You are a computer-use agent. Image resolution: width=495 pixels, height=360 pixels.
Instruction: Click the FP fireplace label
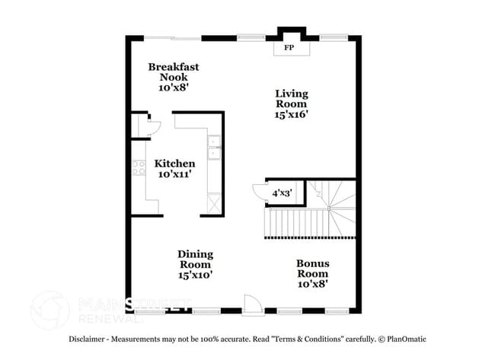point(289,48)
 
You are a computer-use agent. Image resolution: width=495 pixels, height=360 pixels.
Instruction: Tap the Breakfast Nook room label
point(174,72)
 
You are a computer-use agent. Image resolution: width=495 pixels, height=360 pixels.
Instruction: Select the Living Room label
point(291,99)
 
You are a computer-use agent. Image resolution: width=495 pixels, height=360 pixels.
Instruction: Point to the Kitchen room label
point(174,164)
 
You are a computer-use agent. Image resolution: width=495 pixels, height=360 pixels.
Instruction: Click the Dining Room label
point(195,259)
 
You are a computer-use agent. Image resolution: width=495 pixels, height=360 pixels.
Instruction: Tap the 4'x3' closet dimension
point(283,194)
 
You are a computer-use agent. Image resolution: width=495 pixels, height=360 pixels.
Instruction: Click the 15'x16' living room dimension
point(291,114)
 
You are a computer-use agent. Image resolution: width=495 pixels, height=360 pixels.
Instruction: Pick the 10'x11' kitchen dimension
point(174,174)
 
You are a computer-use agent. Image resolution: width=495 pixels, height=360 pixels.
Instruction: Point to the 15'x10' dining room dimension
point(195,274)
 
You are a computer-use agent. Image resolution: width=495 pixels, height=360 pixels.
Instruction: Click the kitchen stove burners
point(139,168)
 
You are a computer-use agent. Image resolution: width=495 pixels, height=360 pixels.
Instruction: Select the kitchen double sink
point(214,148)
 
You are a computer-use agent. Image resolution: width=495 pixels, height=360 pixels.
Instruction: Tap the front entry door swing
point(252,303)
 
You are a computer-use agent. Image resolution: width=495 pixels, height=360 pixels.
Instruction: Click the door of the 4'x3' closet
point(257,191)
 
